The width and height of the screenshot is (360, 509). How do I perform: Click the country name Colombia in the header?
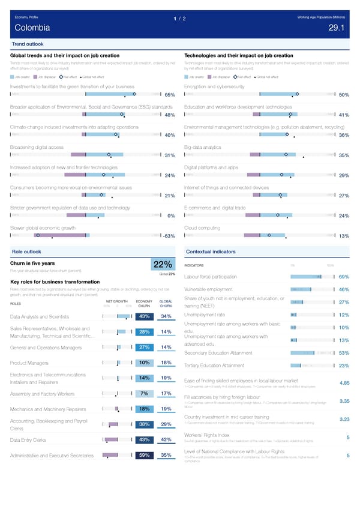tap(29, 28)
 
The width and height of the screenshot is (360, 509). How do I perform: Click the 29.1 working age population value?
tap(337, 28)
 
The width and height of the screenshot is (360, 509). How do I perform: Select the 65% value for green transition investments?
tap(169, 95)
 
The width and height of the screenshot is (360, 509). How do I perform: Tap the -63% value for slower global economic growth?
tap(168, 236)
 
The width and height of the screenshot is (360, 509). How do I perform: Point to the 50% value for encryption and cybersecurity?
tap(344, 95)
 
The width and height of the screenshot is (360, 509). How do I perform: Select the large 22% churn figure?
tap(163, 266)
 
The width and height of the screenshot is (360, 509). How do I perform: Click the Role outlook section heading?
tap(26, 250)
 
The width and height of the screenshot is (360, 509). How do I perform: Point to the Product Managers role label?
tap(30, 363)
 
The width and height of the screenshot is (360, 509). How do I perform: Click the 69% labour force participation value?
tap(344, 277)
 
